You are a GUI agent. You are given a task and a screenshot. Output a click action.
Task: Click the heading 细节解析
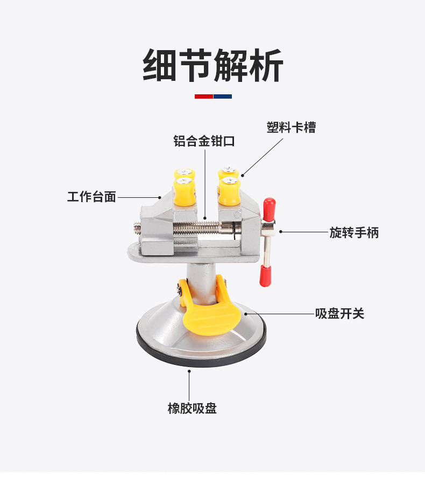coord(212,66)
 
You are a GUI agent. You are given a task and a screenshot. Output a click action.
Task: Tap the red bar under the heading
coord(203,96)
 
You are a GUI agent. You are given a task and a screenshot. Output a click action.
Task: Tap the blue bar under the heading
coord(223,96)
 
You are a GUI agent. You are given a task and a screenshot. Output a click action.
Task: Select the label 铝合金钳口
coord(204,142)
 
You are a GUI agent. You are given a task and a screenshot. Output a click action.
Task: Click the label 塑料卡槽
coord(291,128)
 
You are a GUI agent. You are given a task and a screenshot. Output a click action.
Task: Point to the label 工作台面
coord(91,197)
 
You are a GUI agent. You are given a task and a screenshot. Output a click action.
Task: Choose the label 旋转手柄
coord(354,232)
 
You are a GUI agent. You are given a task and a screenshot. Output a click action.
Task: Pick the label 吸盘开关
coord(339,314)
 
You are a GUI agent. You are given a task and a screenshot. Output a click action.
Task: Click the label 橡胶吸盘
coord(192,408)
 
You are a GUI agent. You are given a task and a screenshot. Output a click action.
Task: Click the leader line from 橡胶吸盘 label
coord(189,383)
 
